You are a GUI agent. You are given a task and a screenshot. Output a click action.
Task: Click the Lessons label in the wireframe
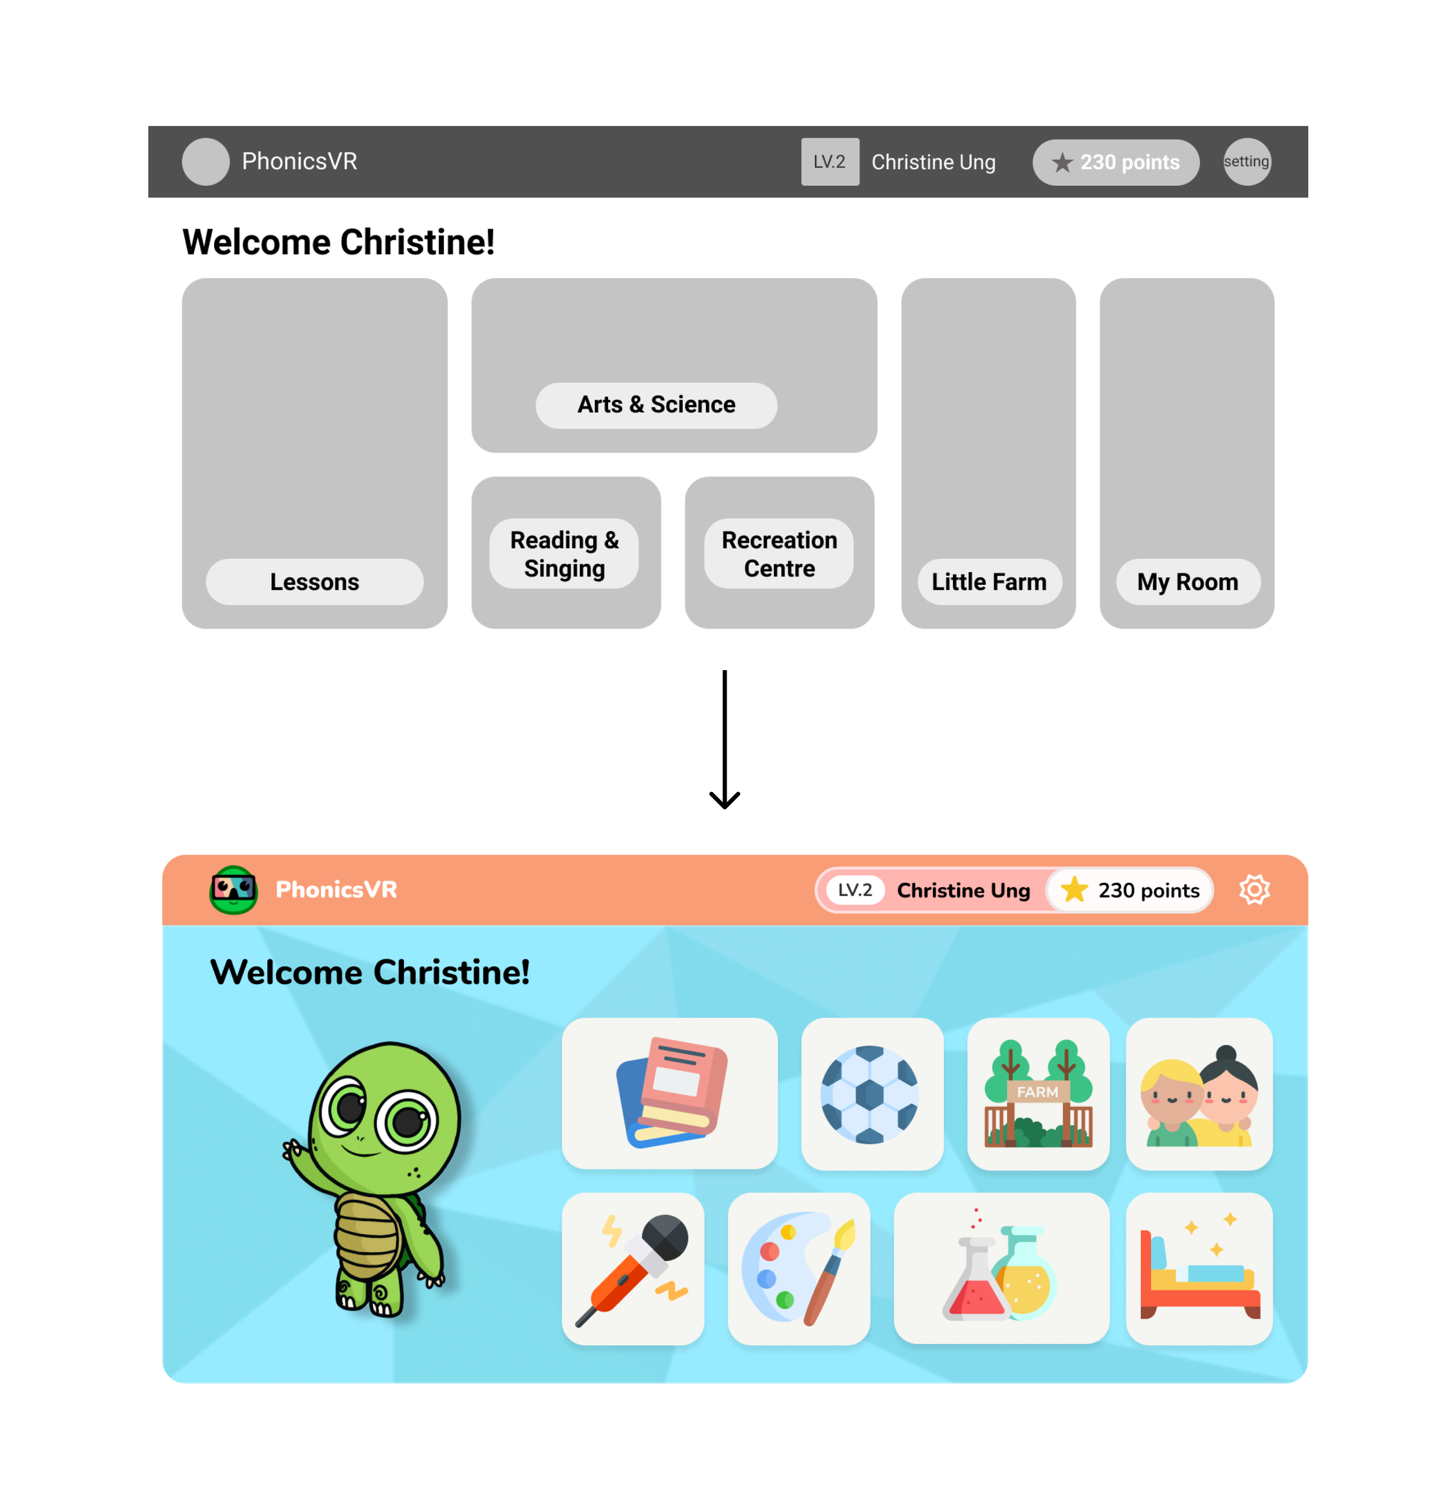pos(315,582)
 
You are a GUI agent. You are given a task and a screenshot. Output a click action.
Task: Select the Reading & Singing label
pos(564,554)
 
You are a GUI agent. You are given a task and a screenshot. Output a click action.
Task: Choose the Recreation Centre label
pos(779,554)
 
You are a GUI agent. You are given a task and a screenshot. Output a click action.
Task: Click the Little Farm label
pos(988,582)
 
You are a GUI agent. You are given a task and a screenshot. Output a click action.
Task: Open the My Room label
pos(1187,582)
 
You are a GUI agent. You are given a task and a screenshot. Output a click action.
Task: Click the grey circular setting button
pos(1247,162)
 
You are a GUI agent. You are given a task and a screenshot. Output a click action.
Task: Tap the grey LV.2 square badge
pos(829,162)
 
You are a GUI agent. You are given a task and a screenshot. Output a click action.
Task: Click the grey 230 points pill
pos(1116,162)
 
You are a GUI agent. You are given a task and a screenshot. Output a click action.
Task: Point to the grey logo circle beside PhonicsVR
pos(205,162)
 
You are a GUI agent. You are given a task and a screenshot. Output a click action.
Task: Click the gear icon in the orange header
pos(1254,890)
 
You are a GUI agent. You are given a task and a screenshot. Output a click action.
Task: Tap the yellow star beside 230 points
pos(1074,890)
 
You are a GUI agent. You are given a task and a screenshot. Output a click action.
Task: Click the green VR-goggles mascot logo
pos(233,890)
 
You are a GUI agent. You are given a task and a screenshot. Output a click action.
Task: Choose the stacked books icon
pos(671,1093)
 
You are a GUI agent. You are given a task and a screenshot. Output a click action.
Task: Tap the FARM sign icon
pos(1038,1093)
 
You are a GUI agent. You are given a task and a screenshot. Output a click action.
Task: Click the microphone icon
pos(634,1268)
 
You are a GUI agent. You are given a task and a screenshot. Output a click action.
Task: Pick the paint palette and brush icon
pos(799,1268)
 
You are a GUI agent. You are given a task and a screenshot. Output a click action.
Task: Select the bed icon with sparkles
pos(1199,1268)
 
